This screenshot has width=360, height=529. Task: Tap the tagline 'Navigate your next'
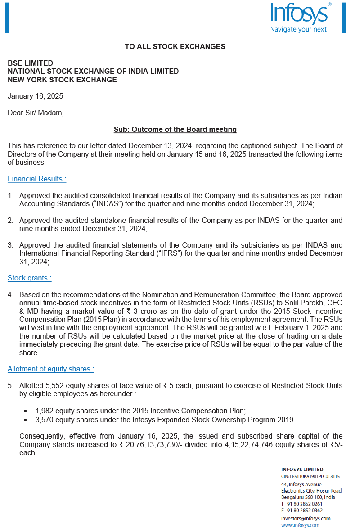click(298, 29)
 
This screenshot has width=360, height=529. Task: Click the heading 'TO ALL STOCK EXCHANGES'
click(175, 46)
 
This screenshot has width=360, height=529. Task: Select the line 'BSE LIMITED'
click(30, 63)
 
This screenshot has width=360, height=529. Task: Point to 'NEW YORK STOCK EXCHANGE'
click(62, 80)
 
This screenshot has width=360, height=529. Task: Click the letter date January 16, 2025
click(36, 96)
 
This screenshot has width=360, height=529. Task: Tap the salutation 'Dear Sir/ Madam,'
click(36, 113)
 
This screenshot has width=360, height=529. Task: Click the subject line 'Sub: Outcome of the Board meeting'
click(175, 129)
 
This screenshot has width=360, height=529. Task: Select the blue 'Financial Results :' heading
click(37, 179)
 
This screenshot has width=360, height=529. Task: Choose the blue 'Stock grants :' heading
click(30, 278)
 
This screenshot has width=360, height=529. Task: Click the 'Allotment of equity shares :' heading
click(51, 369)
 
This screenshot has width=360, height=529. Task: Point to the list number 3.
click(10, 245)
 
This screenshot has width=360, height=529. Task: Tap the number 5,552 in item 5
click(55, 385)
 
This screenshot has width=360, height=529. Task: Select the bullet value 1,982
click(45, 411)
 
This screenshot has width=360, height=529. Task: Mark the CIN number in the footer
click(310, 476)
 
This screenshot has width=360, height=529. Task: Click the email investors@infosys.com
click(306, 518)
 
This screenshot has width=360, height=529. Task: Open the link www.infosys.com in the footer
click(300, 525)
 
